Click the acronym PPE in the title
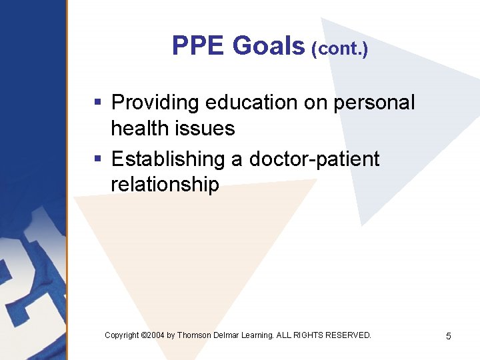click(x=199, y=46)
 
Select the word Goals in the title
click(x=269, y=46)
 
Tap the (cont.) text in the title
click(x=339, y=49)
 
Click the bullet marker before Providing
click(x=97, y=103)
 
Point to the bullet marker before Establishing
click(x=97, y=159)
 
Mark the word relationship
click(x=165, y=185)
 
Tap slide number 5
click(x=448, y=336)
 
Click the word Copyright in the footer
click(x=122, y=335)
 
